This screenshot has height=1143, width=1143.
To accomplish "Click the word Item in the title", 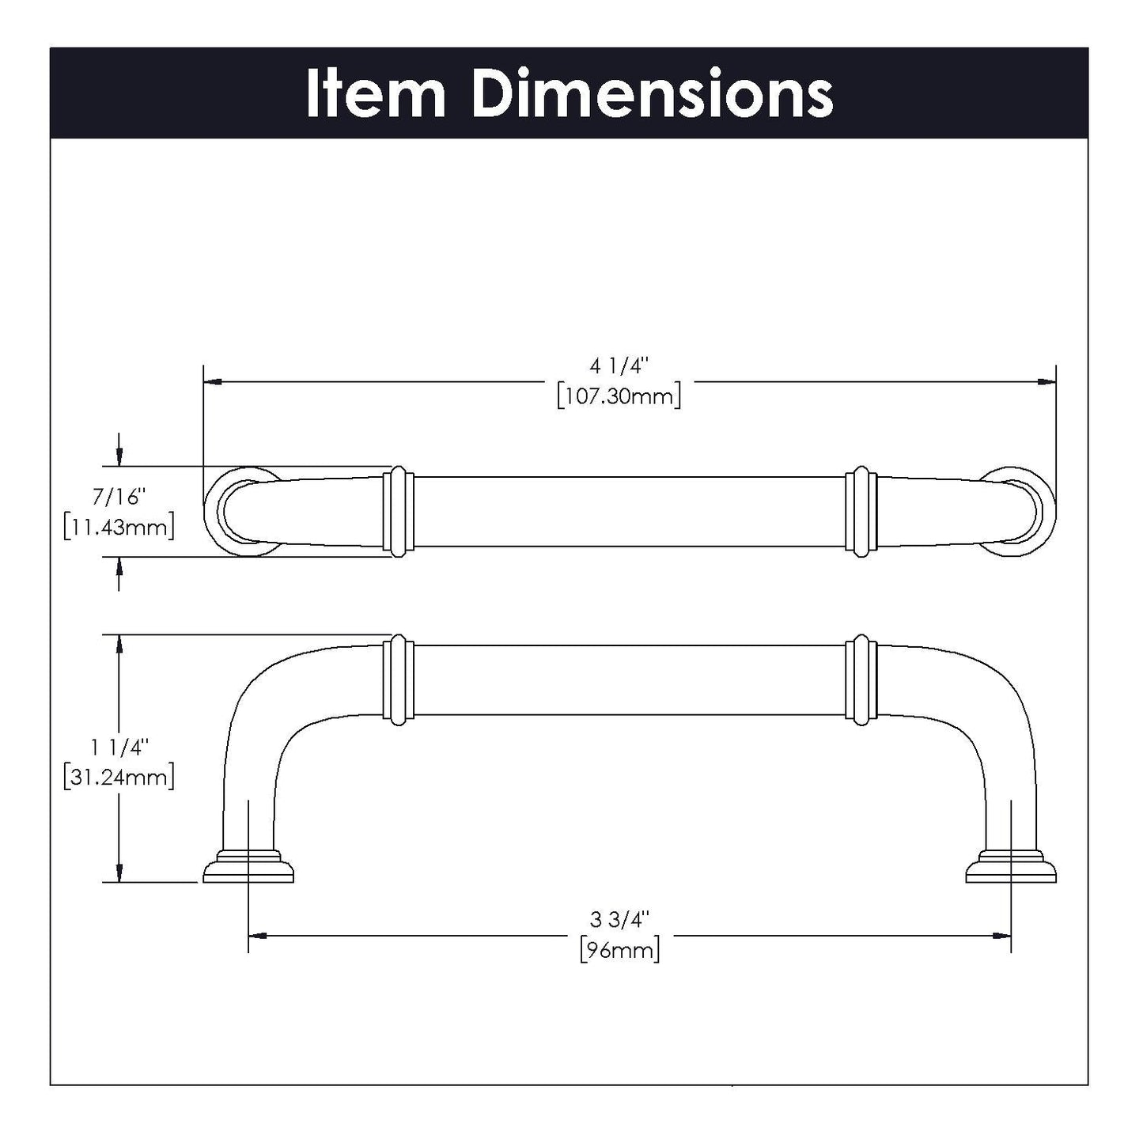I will (376, 94).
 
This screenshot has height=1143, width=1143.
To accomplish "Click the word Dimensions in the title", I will (652, 94).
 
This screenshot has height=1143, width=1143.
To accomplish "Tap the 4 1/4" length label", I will (619, 366).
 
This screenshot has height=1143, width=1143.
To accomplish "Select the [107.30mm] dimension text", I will (619, 396).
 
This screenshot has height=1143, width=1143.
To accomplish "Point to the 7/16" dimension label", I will (119, 497).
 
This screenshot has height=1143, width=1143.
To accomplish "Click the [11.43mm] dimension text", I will (119, 527).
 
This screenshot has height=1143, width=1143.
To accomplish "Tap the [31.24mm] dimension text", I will (119, 777).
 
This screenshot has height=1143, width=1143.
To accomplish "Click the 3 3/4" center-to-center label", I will (619, 919).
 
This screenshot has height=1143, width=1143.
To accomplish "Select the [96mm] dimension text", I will (619, 948).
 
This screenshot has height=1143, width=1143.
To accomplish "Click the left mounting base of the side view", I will (248, 868).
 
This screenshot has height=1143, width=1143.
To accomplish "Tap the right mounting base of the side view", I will (1011, 868).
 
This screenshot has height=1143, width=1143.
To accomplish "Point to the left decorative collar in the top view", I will (398, 511).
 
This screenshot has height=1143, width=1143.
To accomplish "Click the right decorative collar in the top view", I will (861, 511).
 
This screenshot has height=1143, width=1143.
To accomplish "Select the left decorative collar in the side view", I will (398, 679).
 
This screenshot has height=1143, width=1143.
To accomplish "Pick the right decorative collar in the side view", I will (861, 679).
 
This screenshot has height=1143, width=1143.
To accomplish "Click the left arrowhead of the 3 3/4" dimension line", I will (256, 936).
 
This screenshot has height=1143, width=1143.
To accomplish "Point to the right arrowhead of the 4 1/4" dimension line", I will (1048, 382).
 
